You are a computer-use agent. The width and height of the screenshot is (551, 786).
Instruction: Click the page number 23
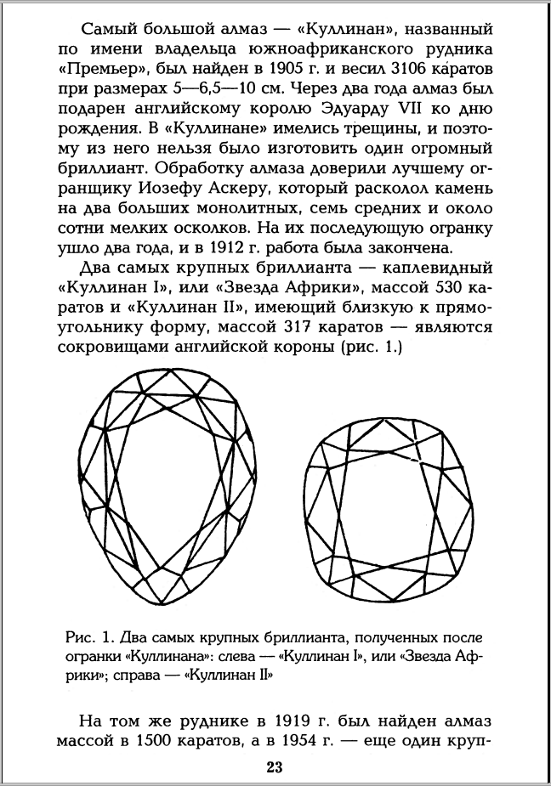pos(274,770)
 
